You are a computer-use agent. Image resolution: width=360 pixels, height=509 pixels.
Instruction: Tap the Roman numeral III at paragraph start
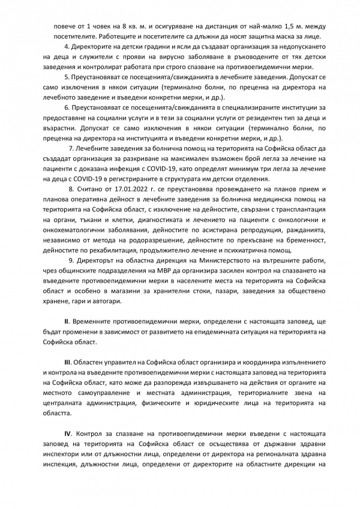68,363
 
